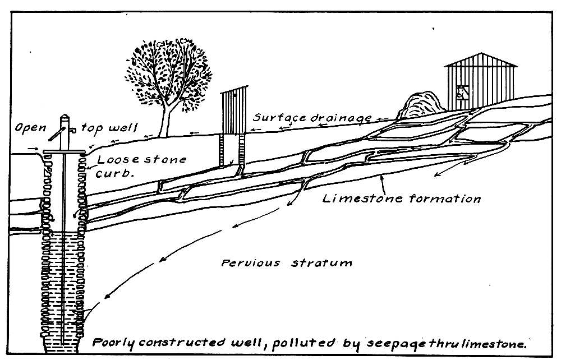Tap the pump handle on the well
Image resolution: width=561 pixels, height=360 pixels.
click(54, 134)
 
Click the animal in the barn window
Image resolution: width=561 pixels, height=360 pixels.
click(461, 92)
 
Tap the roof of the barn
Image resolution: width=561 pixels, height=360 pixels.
click(480, 60)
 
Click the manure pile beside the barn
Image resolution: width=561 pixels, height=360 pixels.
click(418, 107)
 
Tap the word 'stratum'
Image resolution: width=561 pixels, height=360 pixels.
click(321, 262)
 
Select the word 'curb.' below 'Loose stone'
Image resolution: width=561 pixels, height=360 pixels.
click(114, 174)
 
